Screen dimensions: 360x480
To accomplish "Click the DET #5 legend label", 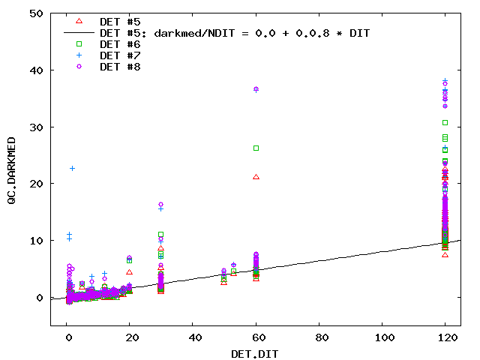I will point(120,22).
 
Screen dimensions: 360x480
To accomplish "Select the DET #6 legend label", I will point(120,44).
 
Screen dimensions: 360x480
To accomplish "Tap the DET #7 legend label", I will point(120,55).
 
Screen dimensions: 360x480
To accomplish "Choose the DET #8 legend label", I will point(120,67).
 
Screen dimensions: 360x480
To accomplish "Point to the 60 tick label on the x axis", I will point(256,337).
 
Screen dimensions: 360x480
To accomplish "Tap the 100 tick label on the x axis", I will point(382,337).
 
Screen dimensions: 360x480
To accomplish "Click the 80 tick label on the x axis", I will point(319,337).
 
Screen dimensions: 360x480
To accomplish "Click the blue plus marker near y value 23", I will point(72,168).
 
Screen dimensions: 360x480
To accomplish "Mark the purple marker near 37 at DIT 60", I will point(256,89).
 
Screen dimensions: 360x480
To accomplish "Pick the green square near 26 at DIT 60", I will point(256,148).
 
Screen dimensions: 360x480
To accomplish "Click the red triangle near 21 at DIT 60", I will point(256,177).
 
